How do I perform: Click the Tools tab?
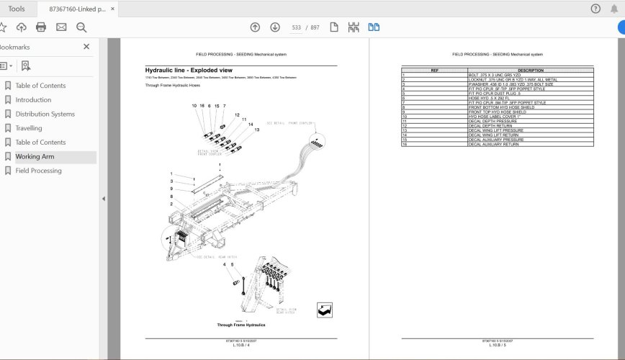16,9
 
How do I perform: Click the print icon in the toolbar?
41,27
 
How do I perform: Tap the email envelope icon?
61,27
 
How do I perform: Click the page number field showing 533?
296,27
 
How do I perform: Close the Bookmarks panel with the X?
86,47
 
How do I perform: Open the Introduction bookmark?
33,100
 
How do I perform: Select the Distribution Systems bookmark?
45,114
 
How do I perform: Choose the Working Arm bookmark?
35,157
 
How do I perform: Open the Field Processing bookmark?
38,171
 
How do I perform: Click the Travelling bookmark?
29,128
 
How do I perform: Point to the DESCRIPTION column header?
530,71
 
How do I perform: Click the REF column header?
434,71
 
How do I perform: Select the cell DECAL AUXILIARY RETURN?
494,145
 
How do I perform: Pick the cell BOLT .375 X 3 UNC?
494,75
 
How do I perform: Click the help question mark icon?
595,9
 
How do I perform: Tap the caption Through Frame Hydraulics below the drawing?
237,325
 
